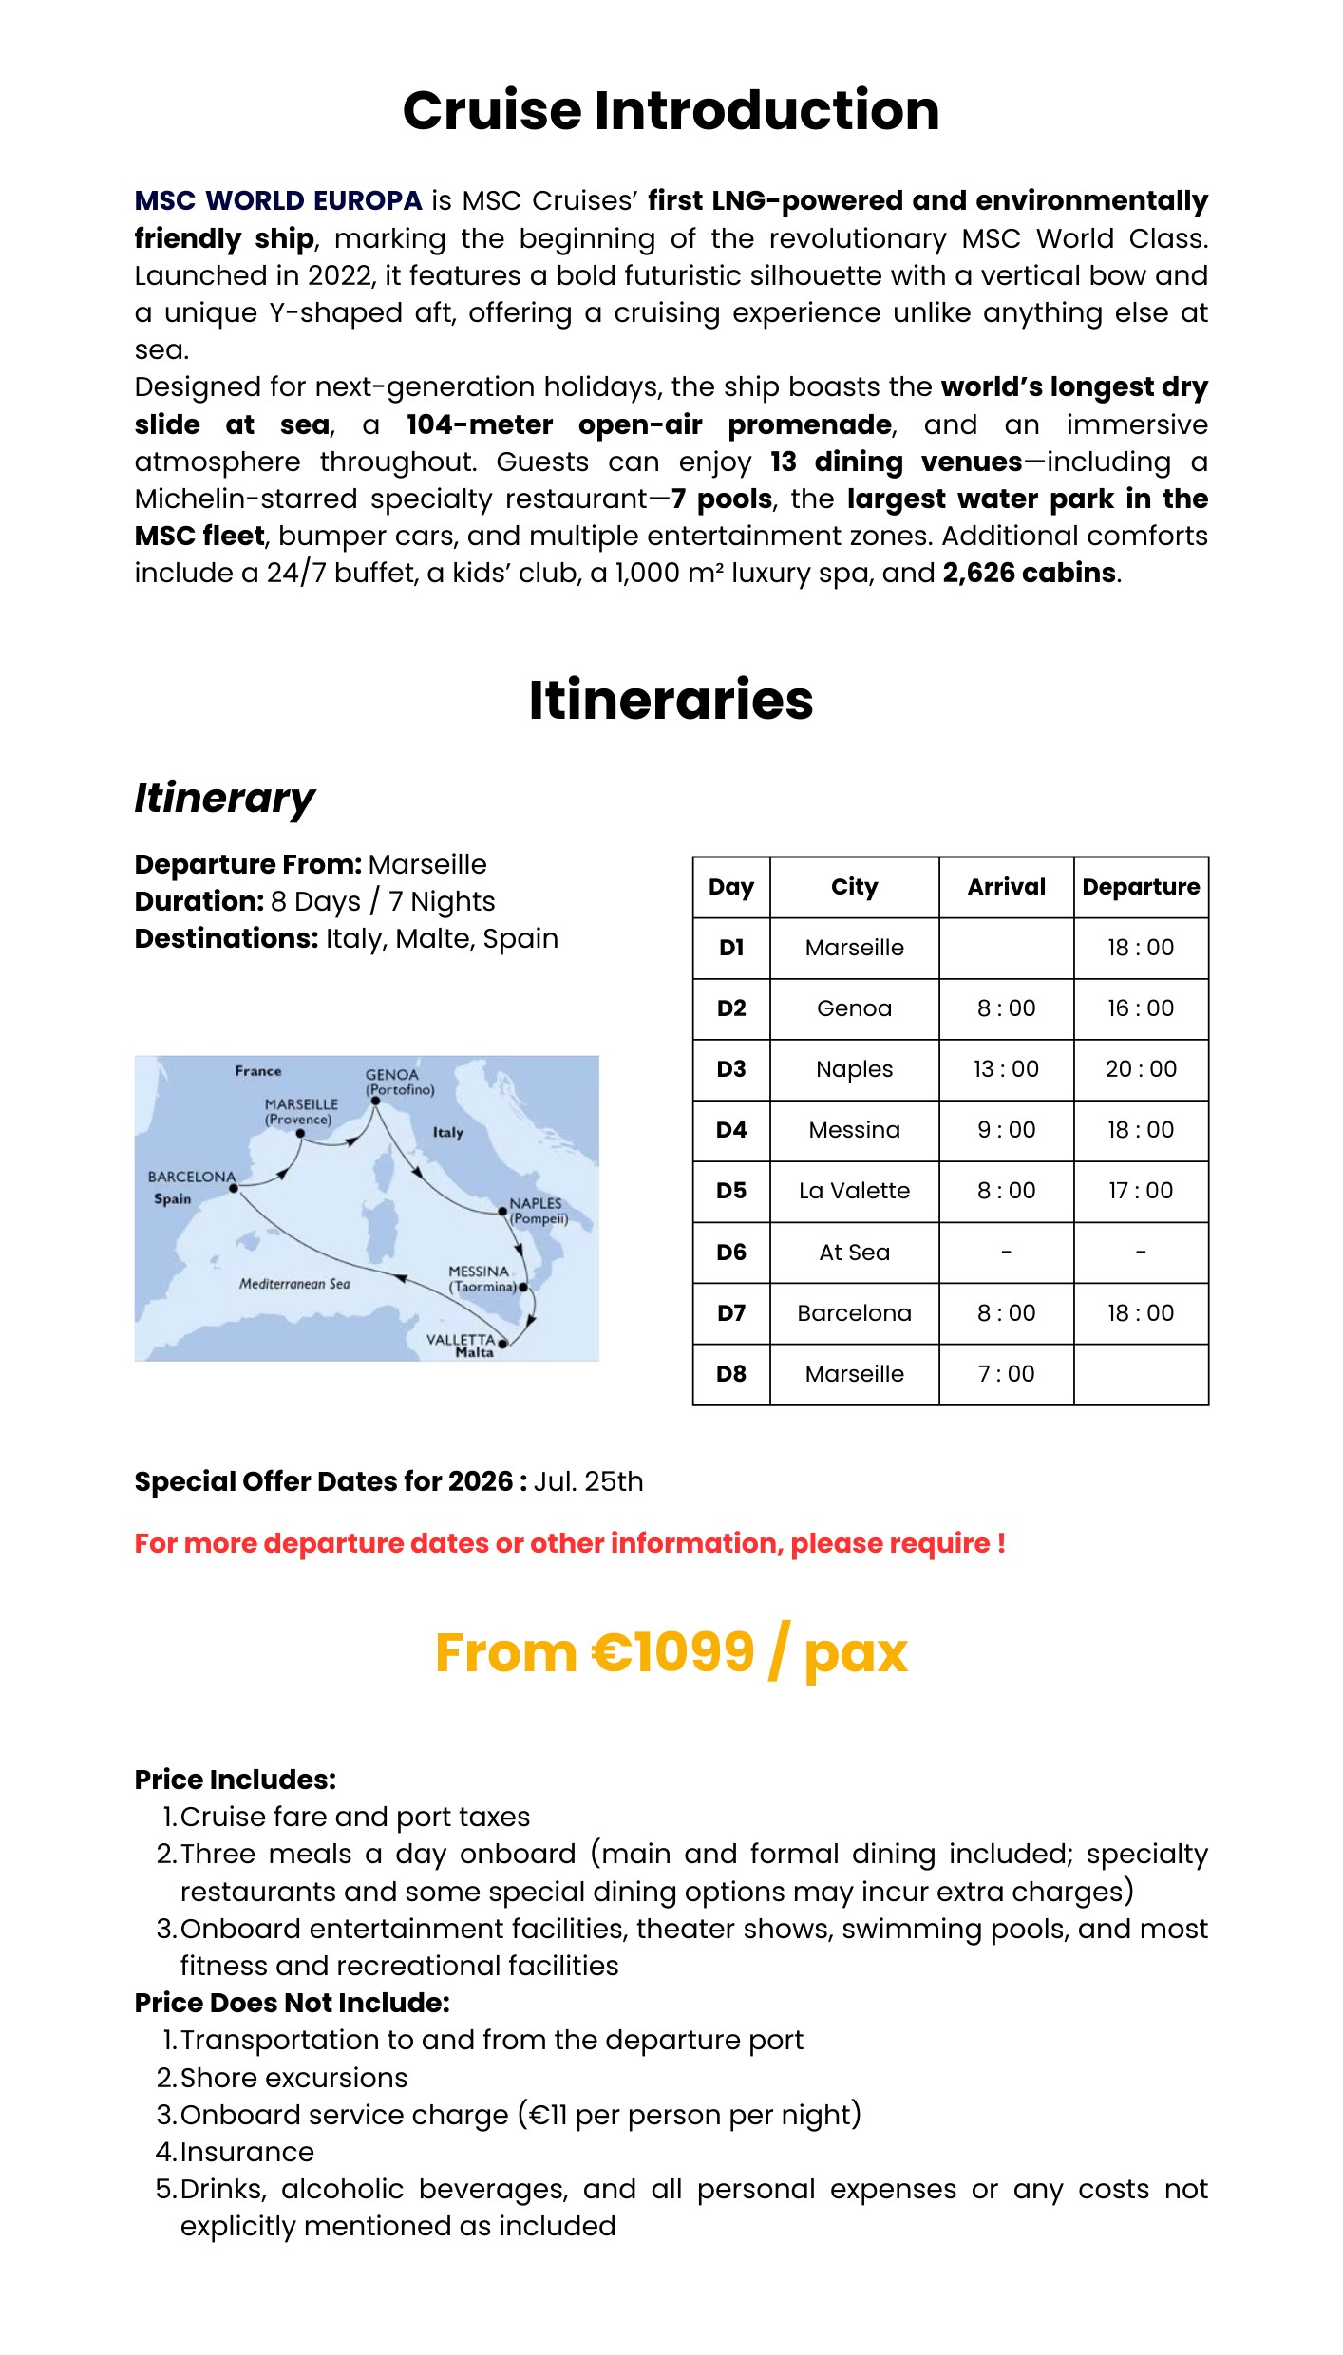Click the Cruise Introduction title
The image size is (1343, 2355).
671,110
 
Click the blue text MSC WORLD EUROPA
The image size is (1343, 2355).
277,201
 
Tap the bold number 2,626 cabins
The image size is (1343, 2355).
1029,573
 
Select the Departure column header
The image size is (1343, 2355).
1141,887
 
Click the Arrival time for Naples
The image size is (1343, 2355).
1006,1069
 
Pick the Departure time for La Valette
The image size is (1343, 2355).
1141,1191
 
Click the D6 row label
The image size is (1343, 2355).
731,1253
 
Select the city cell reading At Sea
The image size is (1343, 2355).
854,1253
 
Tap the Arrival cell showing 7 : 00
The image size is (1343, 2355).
1006,1374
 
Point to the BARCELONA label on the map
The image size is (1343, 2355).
192,1177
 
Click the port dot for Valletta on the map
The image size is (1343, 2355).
502,1344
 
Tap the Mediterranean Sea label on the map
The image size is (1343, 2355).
294,1284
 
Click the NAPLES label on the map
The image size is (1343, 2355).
536,1203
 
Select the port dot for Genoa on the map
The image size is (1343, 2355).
376,1102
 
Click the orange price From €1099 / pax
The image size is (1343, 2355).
671,1653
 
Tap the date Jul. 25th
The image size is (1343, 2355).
588,1481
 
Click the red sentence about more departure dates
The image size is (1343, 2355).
570,1543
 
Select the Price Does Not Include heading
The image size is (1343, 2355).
292,2003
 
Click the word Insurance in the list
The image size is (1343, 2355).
247,2152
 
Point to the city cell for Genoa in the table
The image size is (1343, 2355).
854,1008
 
